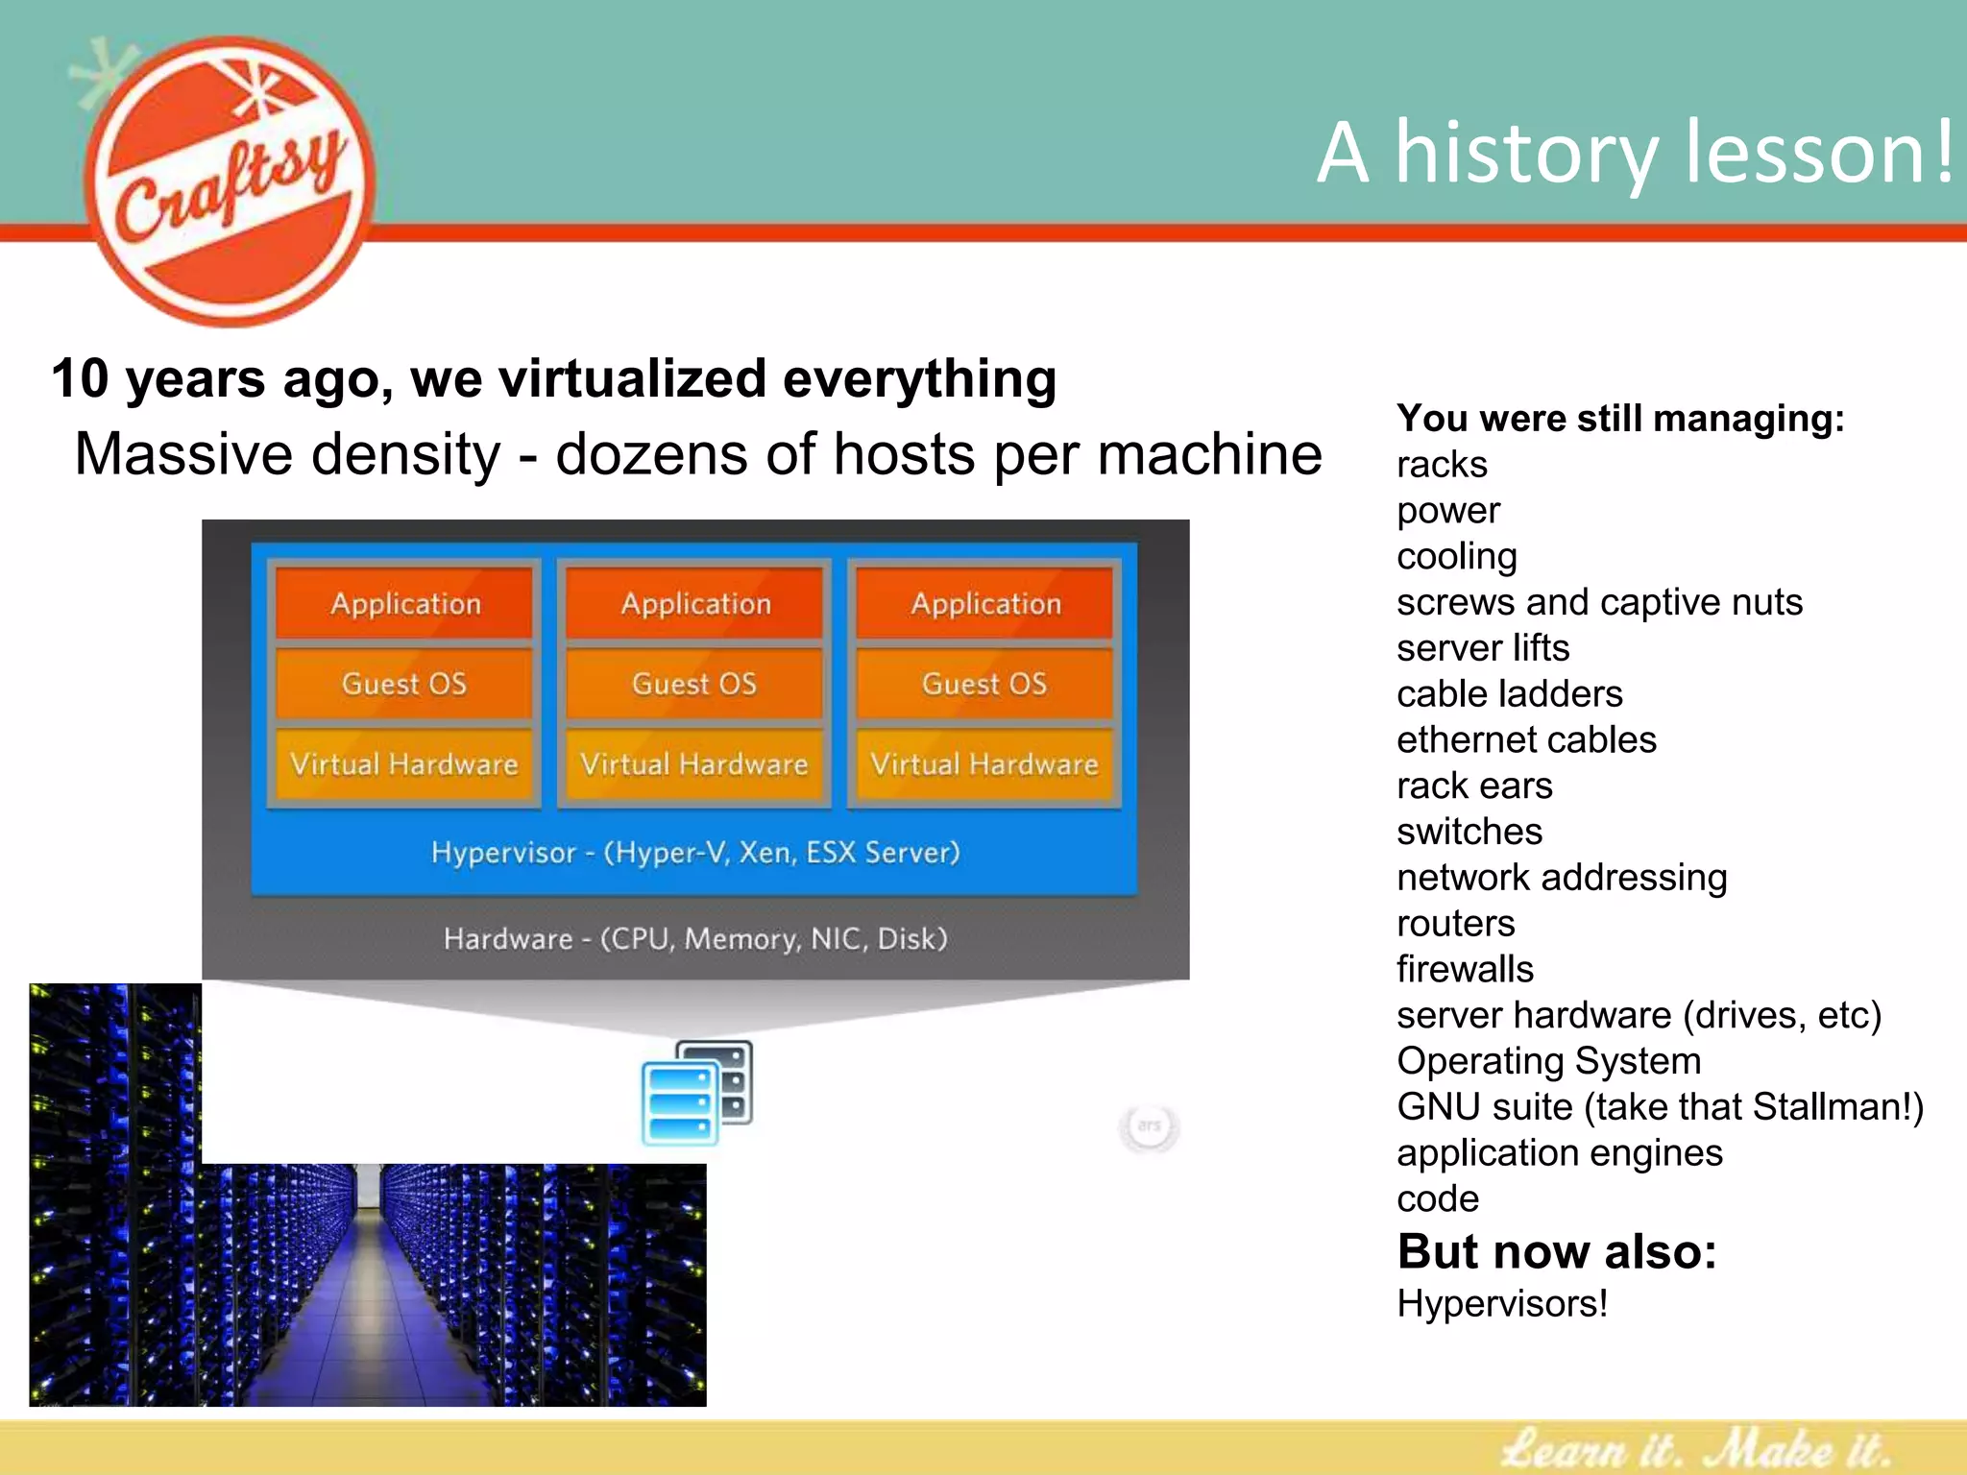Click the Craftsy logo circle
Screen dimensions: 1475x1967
231,182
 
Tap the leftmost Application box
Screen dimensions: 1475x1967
404,603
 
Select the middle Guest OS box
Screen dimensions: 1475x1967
694,684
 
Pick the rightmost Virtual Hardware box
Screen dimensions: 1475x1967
984,764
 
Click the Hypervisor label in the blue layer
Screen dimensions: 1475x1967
694,853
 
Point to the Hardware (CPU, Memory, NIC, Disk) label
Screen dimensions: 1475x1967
694,938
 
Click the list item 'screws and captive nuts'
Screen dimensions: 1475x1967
1599,603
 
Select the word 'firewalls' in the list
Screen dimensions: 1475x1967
1465,970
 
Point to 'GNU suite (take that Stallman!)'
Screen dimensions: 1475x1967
1660,1107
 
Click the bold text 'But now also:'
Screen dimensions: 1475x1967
1556,1252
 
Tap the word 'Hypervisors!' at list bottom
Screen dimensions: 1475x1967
1501,1304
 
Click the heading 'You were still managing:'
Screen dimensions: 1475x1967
1620,419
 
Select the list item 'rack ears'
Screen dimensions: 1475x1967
1474,786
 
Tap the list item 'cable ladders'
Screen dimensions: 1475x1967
1509,694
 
